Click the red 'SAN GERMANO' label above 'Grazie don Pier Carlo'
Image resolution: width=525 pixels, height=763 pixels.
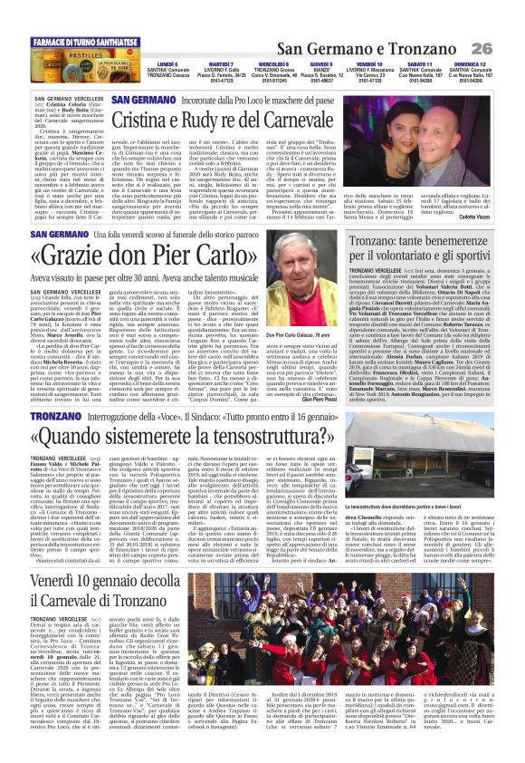(59, 234)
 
